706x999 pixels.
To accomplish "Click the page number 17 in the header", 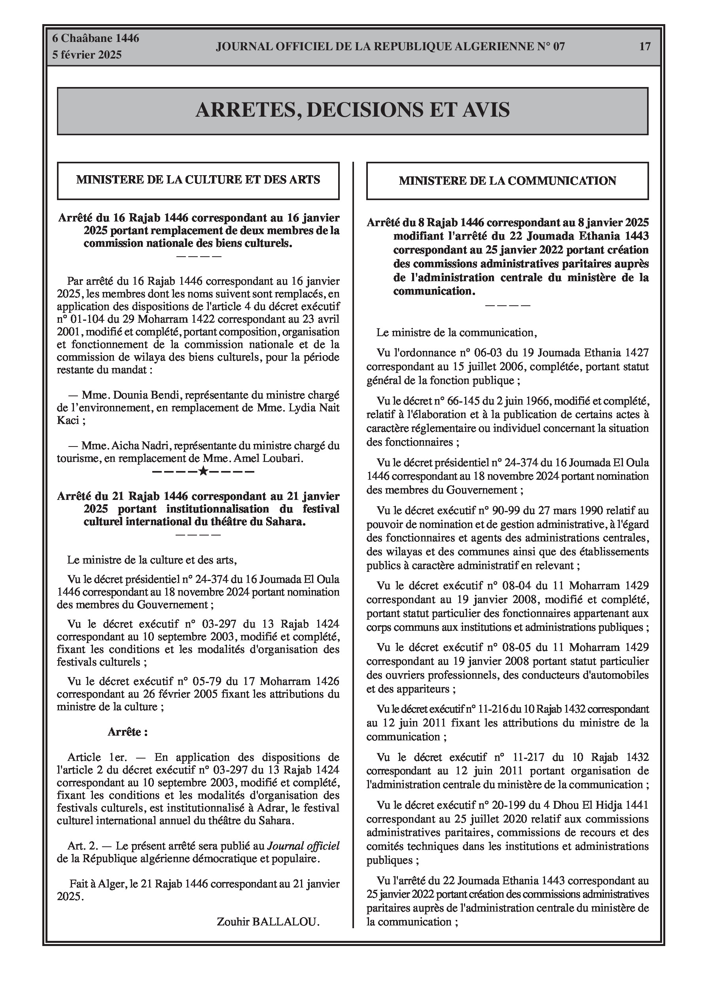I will pos(645,46).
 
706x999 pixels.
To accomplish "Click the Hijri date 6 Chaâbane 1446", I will pos(96,38).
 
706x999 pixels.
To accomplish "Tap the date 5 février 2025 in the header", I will pos(87,55).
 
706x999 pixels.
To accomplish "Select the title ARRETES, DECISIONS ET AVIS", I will pos(352,110).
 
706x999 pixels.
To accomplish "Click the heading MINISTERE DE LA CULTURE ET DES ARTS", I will pos(198,180).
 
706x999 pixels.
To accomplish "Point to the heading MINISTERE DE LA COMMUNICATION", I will pos(507,181).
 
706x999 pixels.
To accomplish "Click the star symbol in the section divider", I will pos(203,471).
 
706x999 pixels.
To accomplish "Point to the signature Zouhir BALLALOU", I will pos(268,921).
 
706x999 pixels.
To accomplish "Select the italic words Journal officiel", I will pos(303,846).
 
